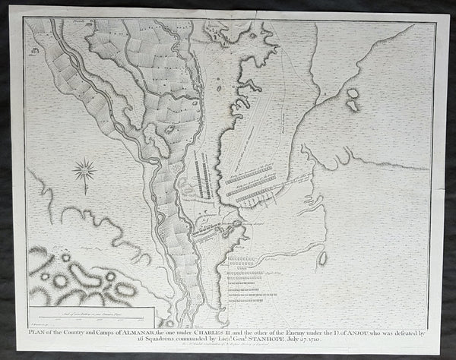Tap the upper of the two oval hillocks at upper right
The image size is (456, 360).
click(x=353, y=93)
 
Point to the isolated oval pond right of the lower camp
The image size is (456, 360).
click(x=323, y=258)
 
